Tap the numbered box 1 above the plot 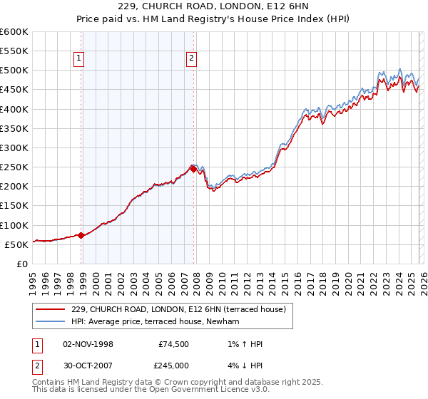tap(78, 60)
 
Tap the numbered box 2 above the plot tap(192, 60)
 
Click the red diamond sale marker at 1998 tap(81, 234)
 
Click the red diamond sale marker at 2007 tap(193, 169)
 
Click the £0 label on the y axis tap(23, 264)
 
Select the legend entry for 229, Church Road tap(178, 309)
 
